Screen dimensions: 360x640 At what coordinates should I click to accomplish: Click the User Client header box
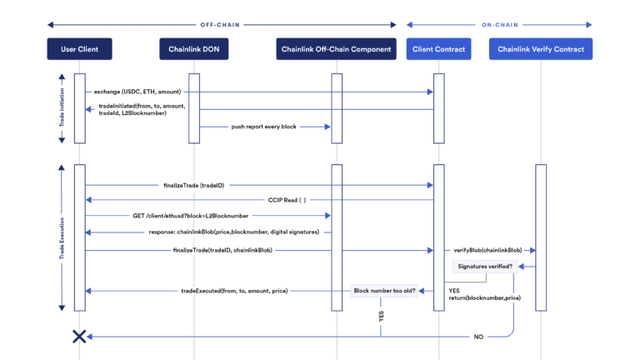(79, 50)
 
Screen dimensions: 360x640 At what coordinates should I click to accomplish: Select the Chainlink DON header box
(193, 50)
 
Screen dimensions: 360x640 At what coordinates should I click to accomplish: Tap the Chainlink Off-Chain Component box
(335, 50)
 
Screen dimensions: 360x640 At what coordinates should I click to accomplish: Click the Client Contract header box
(439, 50)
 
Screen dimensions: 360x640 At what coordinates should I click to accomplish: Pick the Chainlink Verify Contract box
(541, 50)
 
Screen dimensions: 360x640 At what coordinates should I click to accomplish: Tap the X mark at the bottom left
(79, 336)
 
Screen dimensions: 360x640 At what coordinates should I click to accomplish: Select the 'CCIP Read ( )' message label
(287, 200)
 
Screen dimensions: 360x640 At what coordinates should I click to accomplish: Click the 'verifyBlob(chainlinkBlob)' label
(488, 249)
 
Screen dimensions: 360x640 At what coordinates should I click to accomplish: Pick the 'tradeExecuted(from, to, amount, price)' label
(234, 291)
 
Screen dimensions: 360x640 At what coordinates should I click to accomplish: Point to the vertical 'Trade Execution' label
(60, 237)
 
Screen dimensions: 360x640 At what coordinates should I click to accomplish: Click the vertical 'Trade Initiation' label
(60, 107)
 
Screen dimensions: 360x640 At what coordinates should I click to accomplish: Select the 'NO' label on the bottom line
(477, 336)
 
